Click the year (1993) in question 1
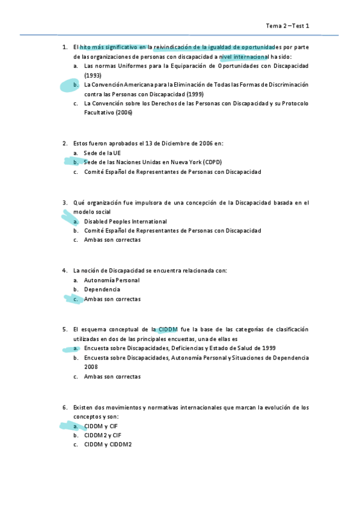93,75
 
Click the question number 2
64,143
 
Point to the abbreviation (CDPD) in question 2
212,162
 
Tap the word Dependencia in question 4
102,289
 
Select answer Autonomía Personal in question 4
112,280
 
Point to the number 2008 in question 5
91,367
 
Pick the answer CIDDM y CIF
101,426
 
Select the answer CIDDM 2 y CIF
103,435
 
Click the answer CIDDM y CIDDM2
108,444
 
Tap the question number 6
64,407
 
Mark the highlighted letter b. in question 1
76,85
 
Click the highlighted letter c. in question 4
76,299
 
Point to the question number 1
64,47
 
